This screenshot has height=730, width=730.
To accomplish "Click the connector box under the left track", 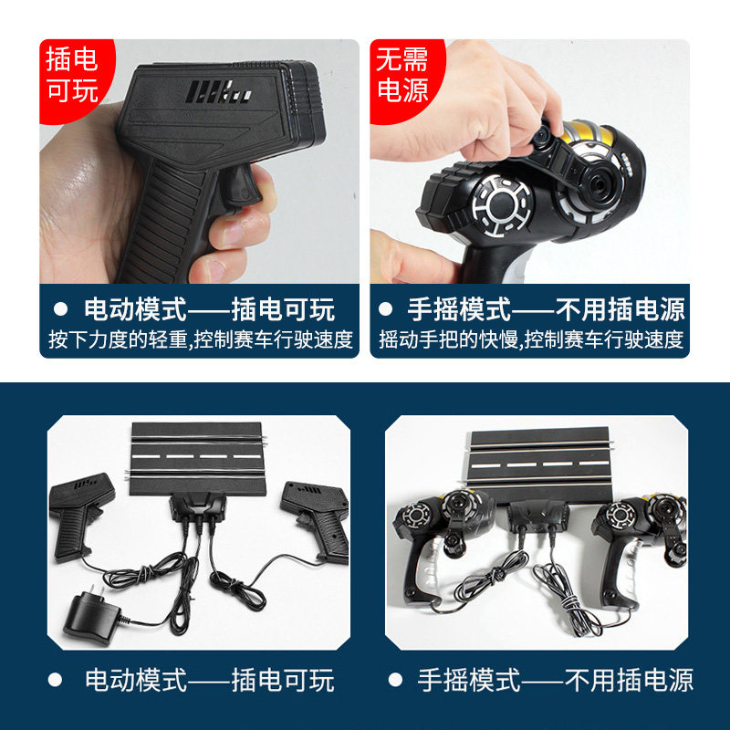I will coord(198,507).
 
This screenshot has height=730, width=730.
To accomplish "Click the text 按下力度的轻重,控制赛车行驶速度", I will coord(201,340).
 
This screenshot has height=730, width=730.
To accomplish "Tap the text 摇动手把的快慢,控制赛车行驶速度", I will coord(531,340).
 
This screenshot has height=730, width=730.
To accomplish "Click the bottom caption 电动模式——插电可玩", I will coord(209,680).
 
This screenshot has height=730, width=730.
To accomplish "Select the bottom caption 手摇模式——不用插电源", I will coord(555,680).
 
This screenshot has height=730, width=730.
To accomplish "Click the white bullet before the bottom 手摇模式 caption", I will coord(394,680).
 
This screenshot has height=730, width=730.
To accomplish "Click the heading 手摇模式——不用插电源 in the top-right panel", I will coord(546,308).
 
